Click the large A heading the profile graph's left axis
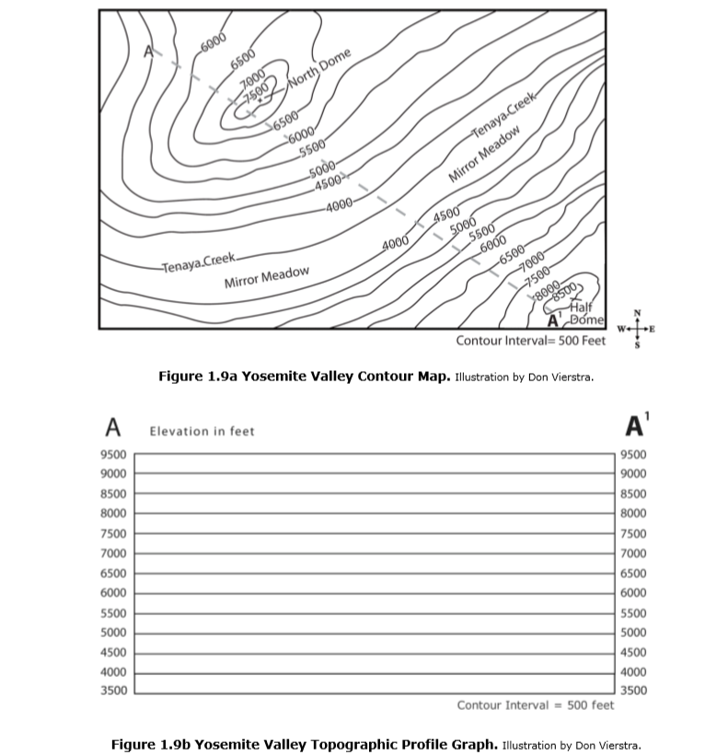(x=113, y=427)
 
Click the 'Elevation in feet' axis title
(x=202, y=431)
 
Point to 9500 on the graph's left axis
(x=114, y=455)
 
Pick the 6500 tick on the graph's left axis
(x=114, y=573)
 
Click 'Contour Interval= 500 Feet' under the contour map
(x=531, y=341)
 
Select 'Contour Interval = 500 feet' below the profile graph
(x=535, y=705)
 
